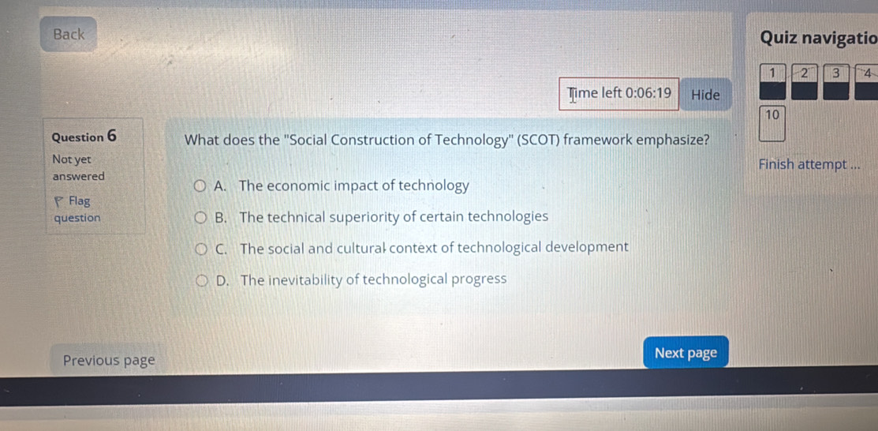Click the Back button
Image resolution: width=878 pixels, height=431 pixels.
[69, 34]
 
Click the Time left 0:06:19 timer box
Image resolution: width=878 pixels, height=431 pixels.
[619, 94]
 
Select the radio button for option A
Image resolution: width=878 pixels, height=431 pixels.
[201, 186]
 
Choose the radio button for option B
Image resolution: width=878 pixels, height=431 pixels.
[201, 217]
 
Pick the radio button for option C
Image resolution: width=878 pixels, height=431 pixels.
[201, 249]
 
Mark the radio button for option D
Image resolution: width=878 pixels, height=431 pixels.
[201, 279]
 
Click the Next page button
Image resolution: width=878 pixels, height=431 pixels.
[686, 353]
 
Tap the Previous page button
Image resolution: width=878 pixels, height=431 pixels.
[109, 361]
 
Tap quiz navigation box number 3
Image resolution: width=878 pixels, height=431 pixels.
[835, 82]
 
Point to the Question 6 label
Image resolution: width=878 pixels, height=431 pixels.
[84, 136]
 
